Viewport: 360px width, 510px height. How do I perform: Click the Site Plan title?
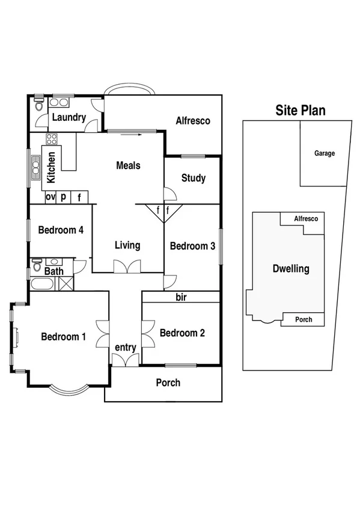[301, 111]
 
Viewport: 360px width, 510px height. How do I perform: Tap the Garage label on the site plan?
[324, 154]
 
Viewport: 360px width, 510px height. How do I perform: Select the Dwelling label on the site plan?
[291, 269]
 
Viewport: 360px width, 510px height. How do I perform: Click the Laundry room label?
[69, 118]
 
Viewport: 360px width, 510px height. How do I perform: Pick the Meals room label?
[128, 165]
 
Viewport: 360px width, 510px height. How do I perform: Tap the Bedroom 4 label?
[61, 230]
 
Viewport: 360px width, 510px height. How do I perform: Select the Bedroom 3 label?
[192, 245]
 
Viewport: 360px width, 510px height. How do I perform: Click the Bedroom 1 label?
[63, 337]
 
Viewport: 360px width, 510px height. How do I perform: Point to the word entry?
[126, 348]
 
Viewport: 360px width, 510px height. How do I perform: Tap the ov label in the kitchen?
[50, 197]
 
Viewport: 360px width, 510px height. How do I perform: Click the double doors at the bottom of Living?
[127, 266]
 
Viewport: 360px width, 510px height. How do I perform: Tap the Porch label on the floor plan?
[168, 382]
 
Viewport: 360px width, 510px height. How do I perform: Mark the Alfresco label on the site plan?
[305, 220]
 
